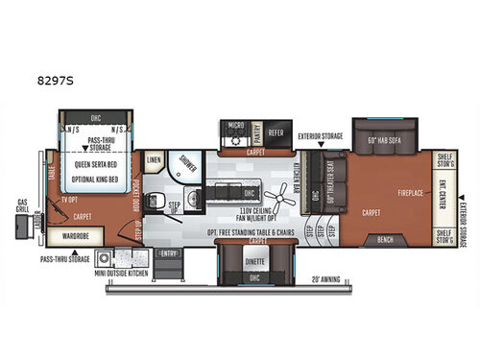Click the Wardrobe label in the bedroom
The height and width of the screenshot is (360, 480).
tap(75, 234)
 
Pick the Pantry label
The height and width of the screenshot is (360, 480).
tap(256, 135)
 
